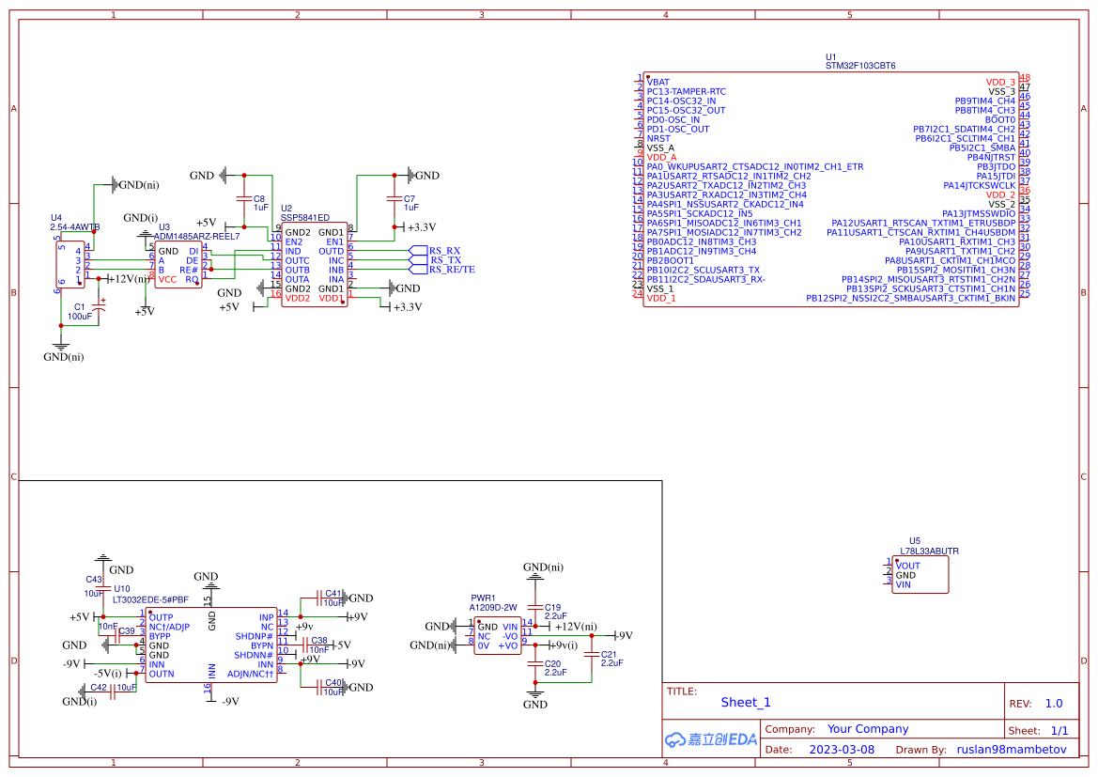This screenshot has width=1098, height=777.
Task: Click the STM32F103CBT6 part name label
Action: [x=859, y=67]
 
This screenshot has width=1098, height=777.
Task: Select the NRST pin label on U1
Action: [x=658, y=138]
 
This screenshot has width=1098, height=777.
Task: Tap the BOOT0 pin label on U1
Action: [x=999, y=119]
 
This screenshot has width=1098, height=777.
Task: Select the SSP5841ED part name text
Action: [x=305, y=218]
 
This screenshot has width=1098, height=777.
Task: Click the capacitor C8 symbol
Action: [x=244, y=200]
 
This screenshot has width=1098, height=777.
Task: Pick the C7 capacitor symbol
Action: [x=394, y=199]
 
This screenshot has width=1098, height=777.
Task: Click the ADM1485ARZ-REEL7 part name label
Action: [x=196, y=237]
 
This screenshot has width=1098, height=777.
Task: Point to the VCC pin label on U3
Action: [x=167, y=279]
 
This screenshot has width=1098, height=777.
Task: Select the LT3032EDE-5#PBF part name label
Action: [x=150, y=598]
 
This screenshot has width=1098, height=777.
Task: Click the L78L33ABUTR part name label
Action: [x=929, y=552]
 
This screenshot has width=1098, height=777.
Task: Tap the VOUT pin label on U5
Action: [x=908, y=566]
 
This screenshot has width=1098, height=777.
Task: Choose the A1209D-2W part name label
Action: [x=493, y=608]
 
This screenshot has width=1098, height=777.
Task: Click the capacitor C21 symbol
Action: [x=592, y=654]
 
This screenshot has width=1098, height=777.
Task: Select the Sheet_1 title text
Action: [x=745, y=702]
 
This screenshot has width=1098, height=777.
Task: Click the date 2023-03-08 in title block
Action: [x=841, y=750]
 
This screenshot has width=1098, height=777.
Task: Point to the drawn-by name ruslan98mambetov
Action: [x=1012, y=750]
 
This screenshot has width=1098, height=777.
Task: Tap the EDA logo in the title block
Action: [x=710, y=739]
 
